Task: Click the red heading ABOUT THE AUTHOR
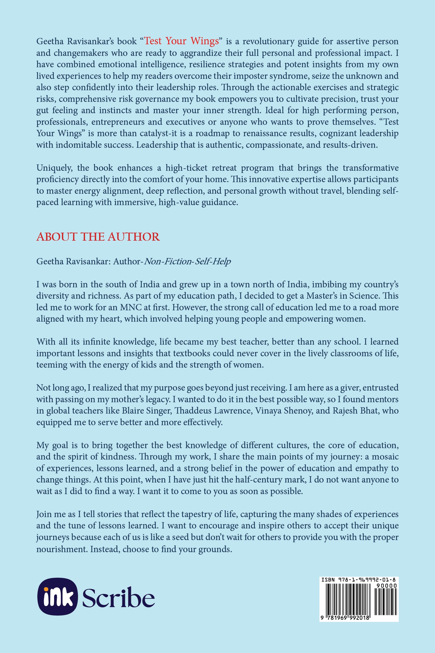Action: pyautogui.click(x=98, y=237)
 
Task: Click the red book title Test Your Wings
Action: pyautogui.click(x=181, y=41)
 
